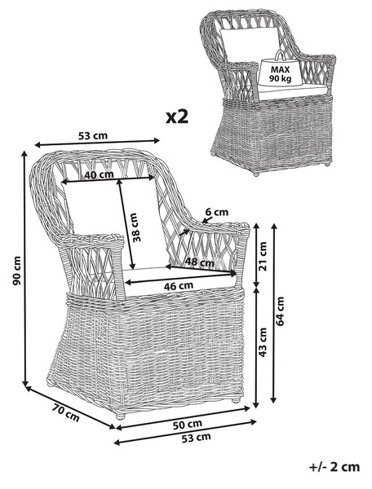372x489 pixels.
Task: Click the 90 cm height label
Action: tap(16, 271)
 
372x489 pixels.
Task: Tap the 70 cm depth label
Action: tap(65, 412)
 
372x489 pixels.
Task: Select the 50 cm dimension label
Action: tap(188, 425)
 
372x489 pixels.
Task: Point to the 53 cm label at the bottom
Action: tap(197, 438)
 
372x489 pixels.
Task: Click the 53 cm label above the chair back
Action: tap(93, 136)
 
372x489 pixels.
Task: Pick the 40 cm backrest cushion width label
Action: tap(99, 174)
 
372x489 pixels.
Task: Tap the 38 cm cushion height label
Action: tap(136, 227)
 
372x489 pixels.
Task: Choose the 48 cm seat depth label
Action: tap(200, 262)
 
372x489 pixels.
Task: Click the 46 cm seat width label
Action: tap(179, 285)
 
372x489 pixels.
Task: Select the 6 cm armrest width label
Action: tap(217, 213)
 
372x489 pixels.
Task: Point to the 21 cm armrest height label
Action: tap(263, 256)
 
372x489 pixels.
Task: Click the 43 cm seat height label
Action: tap(263, 342)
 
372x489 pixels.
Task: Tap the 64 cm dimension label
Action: tap(280, 311)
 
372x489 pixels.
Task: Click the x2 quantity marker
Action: tap(177, 117)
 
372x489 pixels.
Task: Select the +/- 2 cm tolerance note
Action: tap(334, 467)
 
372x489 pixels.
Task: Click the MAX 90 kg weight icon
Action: tap(280, 70)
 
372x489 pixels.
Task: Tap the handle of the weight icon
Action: tap(280, 55)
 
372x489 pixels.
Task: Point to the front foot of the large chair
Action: tap(120, 416)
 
